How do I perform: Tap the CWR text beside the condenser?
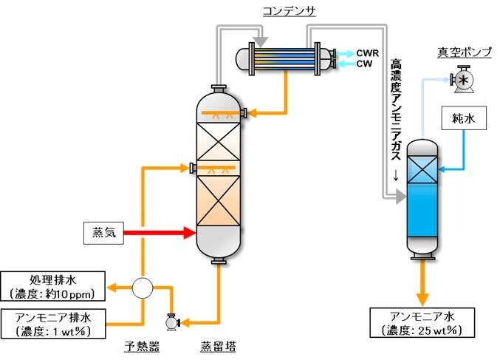click(x=368, y=52)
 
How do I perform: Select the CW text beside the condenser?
click(x=364, y=64)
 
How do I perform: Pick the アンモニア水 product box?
click(x=422, y=323)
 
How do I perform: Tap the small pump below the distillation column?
click(x=172, y=322)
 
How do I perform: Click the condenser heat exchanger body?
click(x=284, y=58)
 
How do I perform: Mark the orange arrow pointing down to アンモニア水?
click(x=422, y=284)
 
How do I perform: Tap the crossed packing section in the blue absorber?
click(x=422, y=170)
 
